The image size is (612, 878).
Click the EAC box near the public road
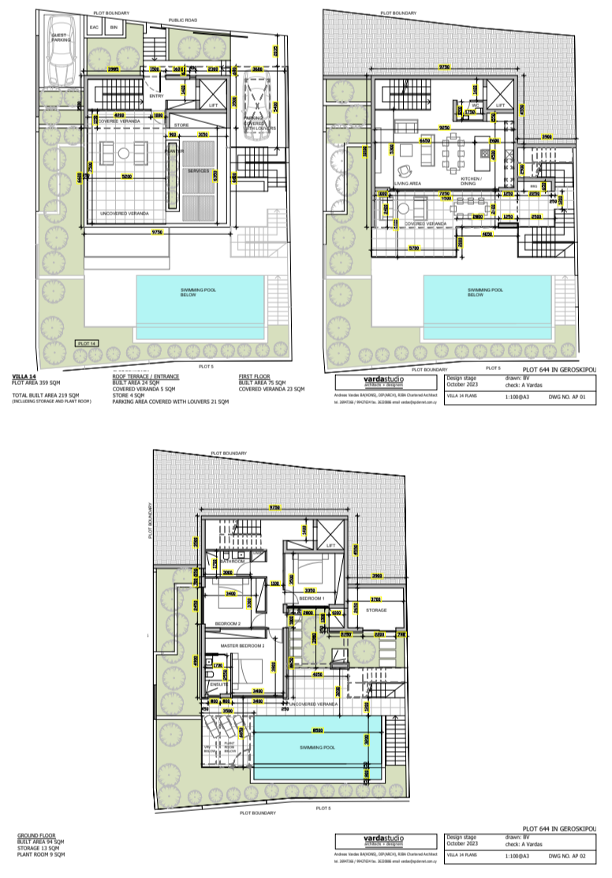(95, 28)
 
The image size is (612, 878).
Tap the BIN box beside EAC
(114, 28)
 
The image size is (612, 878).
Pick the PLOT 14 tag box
(86, 344)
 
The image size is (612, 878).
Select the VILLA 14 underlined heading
(24, 377)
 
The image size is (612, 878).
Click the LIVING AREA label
(407, 183)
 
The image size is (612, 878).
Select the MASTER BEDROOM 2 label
(241, 646)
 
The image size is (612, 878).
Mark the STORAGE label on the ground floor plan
(376, 610)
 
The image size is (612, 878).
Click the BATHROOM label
(233, 562)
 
